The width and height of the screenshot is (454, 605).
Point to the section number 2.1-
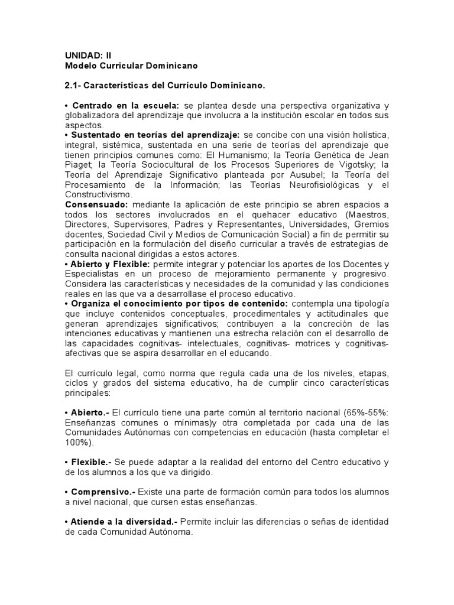coord(73,86)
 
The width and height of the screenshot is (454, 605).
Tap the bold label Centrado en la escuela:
coord(125,105)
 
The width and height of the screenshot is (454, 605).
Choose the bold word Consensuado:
coord(96,204)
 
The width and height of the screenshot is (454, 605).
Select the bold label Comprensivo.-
coord(103,492)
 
